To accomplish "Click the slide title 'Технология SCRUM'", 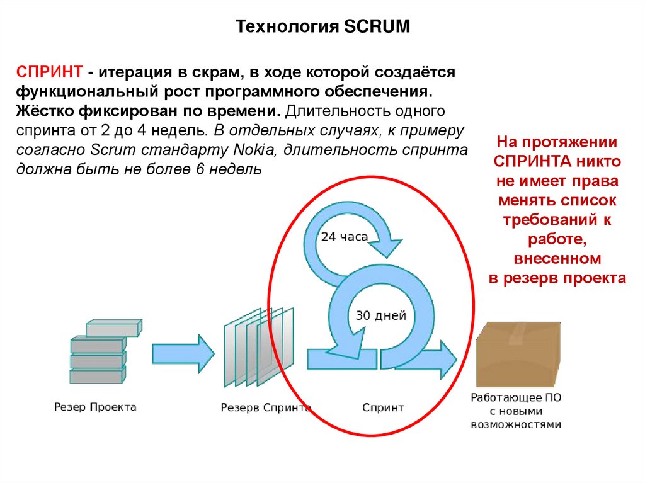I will [322, 26].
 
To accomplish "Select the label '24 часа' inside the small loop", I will [345, 237].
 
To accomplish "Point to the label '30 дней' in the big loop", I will [380, 315].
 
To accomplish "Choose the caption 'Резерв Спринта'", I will [265, 407].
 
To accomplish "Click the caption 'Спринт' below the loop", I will [383, 407].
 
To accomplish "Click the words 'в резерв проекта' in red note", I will [557, 278].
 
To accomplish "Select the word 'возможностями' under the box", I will [516, 424].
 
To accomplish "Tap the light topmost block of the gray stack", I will [113, 327].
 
